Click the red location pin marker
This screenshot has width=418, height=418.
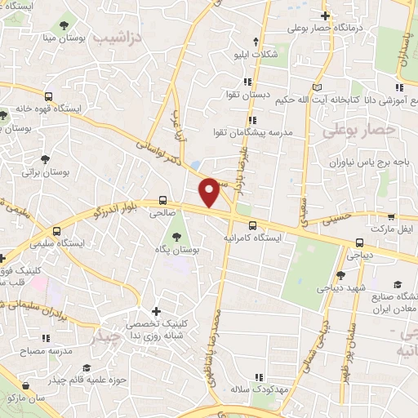point(210,193)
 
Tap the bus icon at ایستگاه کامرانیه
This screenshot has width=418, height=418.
point(252,226)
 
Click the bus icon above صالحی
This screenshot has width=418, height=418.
point(162,199)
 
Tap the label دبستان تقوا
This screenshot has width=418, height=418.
point(254,95)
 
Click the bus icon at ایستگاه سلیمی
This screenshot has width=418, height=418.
point(56,230)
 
